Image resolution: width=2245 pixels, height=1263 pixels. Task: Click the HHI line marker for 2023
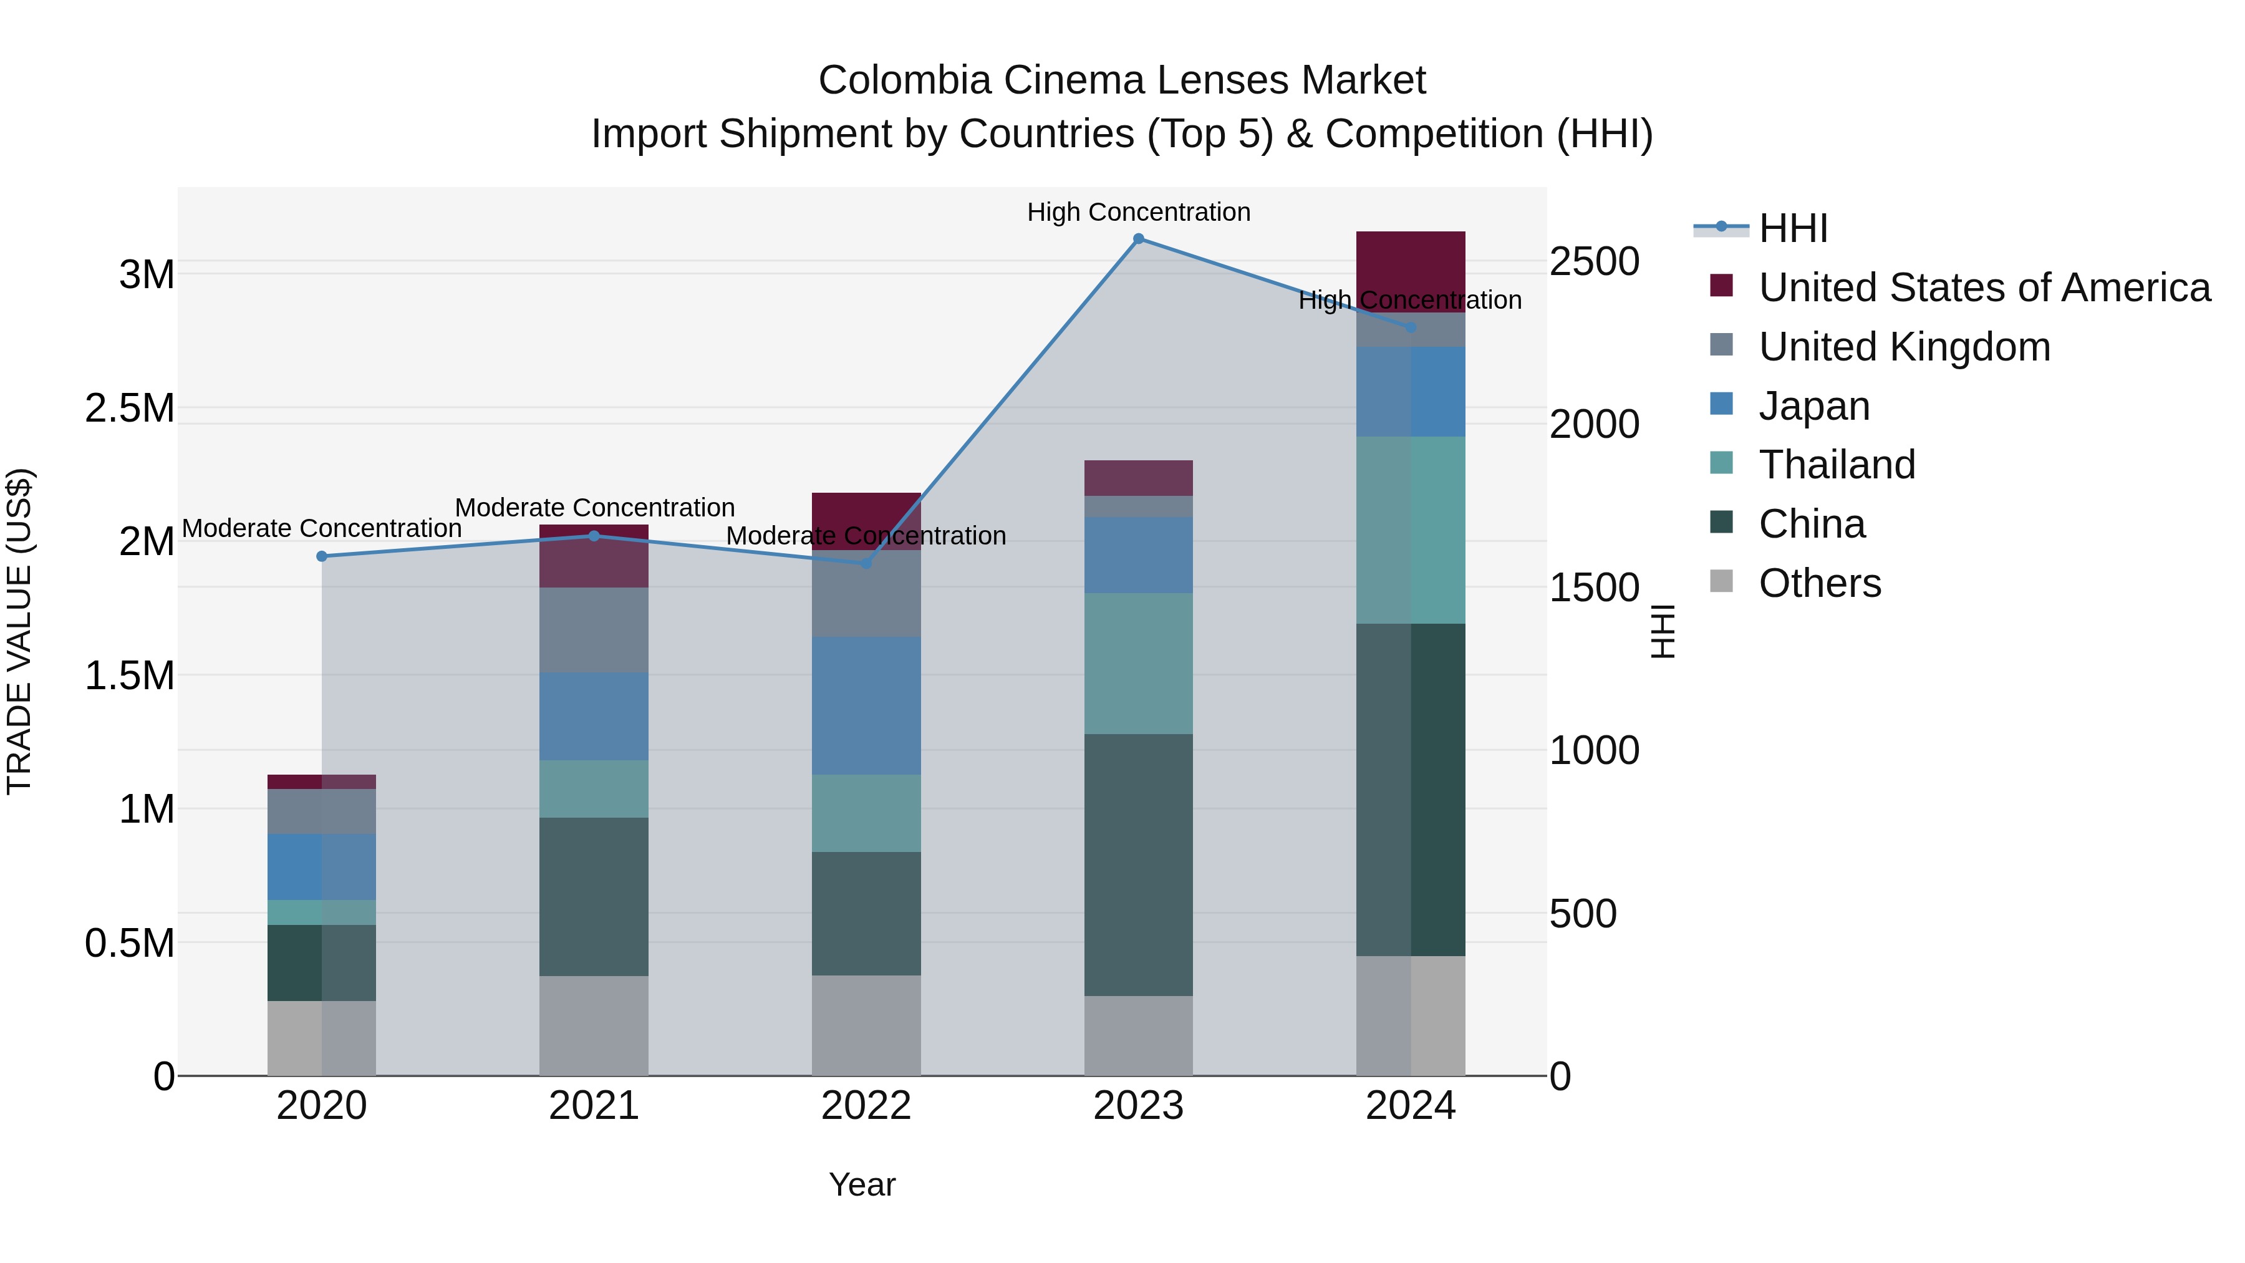point(1138,239)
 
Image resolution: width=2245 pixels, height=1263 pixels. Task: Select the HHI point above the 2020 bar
point(322,556)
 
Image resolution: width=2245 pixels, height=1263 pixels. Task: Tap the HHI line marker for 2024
point(1411,327)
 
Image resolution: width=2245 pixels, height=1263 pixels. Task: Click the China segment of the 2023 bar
point(1138,864)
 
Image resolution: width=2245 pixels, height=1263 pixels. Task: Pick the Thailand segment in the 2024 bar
point(1411,530)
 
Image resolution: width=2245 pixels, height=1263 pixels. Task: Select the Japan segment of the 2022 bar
point(866,706)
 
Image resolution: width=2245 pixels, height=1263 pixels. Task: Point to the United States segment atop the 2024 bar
point(1411,261)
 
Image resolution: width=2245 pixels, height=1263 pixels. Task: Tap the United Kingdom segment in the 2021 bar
point(594,629)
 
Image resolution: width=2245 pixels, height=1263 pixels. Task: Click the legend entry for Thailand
point(1837,465)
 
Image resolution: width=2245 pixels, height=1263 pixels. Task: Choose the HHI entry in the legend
point(1793,228)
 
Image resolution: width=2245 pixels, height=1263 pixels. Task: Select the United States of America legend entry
point(1984,288)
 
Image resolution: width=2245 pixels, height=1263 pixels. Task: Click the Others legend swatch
point(1721,581)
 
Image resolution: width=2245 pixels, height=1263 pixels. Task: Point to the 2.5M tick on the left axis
point(130,408)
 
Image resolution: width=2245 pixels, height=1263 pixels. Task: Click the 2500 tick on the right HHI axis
point(1594,261)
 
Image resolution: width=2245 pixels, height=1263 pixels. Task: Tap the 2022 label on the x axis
point(866,1106)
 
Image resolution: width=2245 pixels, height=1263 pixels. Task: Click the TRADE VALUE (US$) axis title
point(19,631)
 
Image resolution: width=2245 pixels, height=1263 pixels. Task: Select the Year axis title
point(862,1184)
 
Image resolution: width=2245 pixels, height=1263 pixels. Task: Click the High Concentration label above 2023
point(1138,212)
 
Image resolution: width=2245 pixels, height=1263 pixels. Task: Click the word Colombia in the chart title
point(905,80)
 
